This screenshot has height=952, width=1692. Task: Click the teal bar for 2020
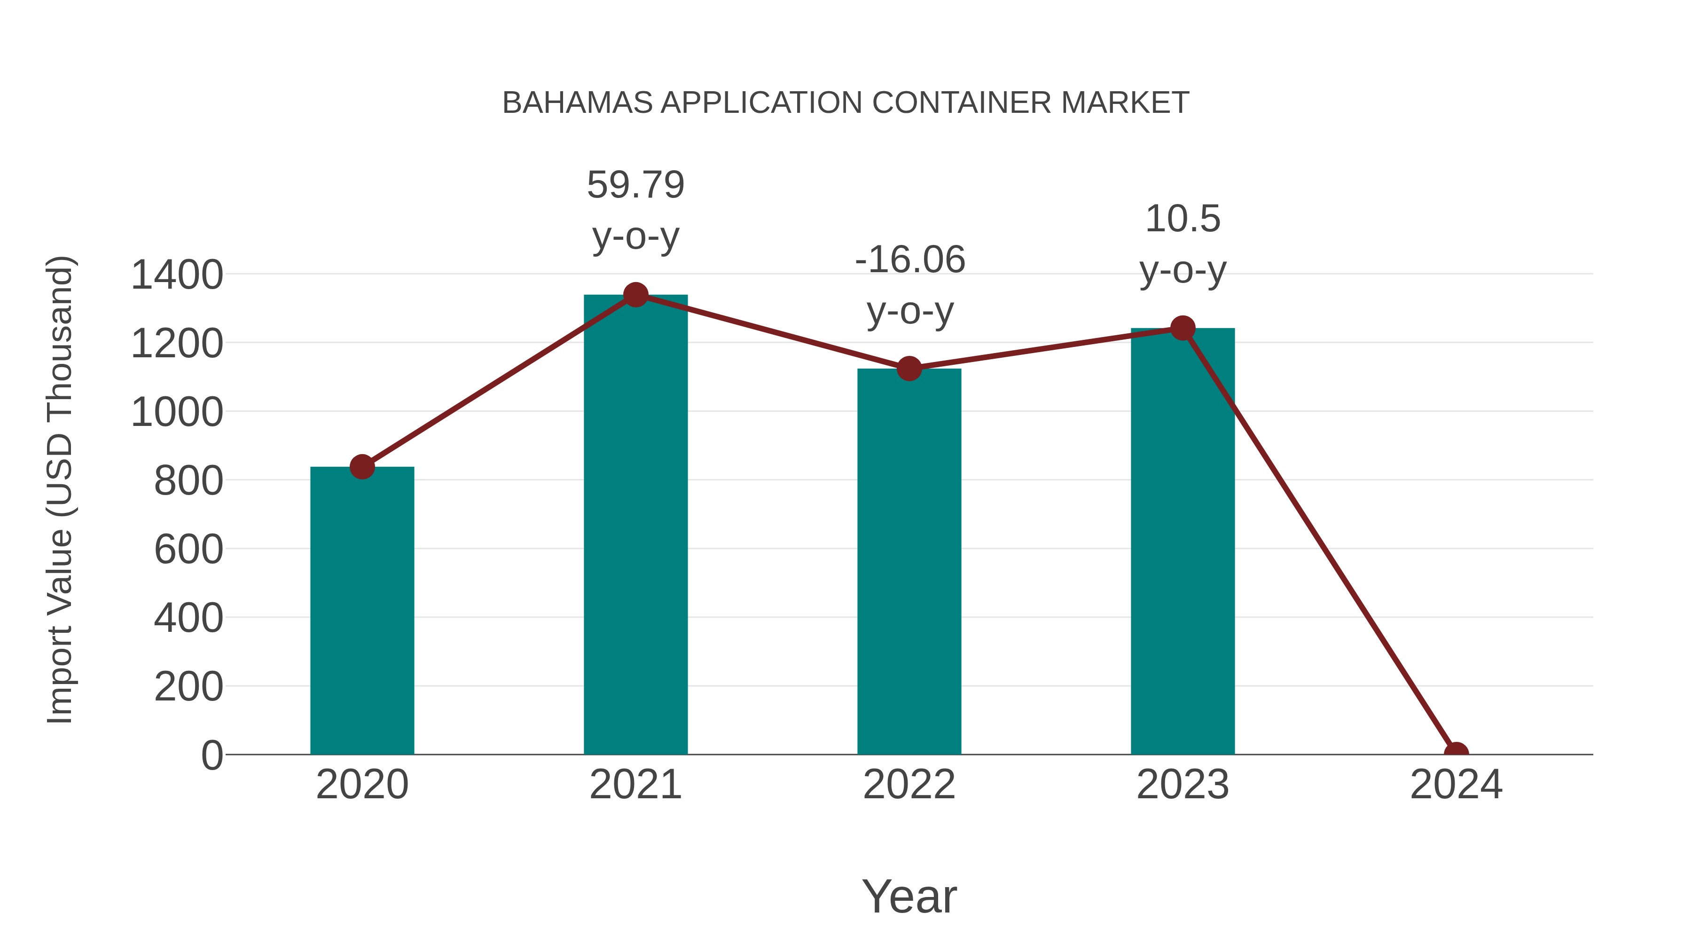(362, 611)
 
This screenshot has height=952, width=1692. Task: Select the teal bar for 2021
(635, 526)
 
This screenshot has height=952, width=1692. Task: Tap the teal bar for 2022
(909, 562)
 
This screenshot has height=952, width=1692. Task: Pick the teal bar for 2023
(1183, 542)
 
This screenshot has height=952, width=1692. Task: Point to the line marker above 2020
(362, 467)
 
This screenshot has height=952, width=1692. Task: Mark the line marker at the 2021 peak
(635, 295)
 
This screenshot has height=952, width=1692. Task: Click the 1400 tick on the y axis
(177, 275)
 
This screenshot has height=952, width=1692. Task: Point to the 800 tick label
(188, 481)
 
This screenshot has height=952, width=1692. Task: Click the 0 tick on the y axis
(211, 755)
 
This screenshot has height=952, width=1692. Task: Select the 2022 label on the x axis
(909, 785)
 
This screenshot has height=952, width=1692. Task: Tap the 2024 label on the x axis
(1456, 785)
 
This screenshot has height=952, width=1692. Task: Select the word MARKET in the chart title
(1125, 103)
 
